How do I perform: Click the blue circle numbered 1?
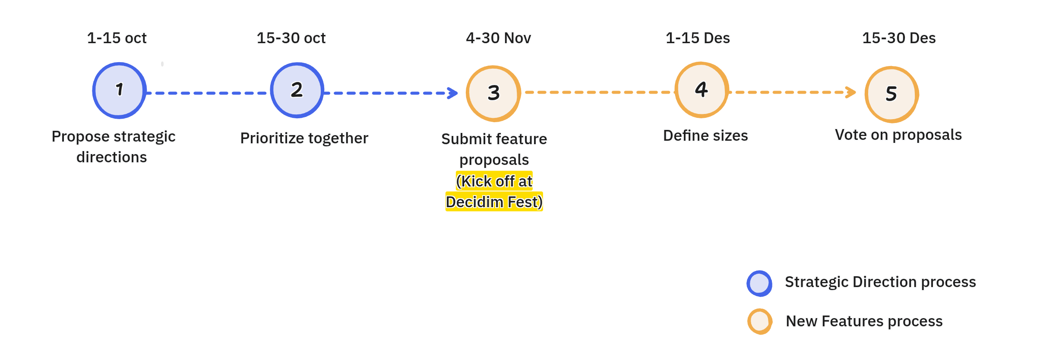(x=119, y=91)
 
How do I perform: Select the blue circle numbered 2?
(x=297, y=90)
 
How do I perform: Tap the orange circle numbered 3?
(x=493, y=93)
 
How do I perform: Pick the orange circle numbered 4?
(x=702, y=90)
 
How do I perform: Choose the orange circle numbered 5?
(x=891, y=94)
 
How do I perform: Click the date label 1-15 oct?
(x=117, y=38)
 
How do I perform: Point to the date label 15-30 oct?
(x=291, y=38)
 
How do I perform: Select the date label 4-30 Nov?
(x=498, y=38)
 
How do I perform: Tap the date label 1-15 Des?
(x=698, y=38)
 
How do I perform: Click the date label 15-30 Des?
(x=899, y=38)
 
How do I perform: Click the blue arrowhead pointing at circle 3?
(x=453, y=93)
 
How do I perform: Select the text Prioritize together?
(x=304, y=138)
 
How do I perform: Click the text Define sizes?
(x=705, y=136)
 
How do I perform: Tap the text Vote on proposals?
(x=898, y=135)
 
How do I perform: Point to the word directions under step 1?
(x=112, y=157)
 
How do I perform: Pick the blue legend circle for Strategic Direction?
(x=759, y=284)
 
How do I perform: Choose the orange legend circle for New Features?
(x=760, y=322)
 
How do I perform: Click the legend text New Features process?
(x=864, y=321)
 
